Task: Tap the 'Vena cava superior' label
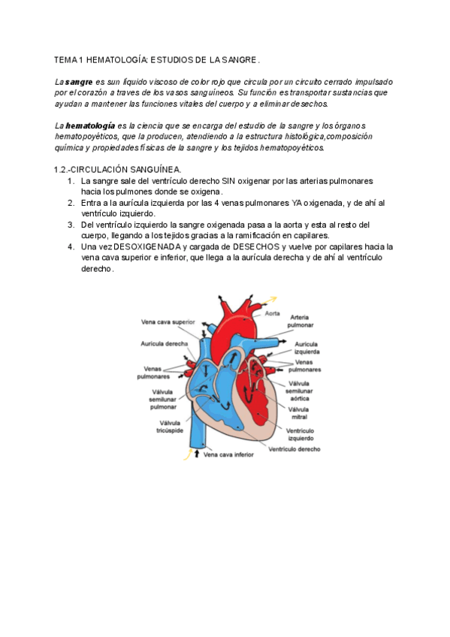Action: coord(168,322)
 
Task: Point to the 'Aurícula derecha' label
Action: coord(165,343)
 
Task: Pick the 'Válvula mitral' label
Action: coord(299,412)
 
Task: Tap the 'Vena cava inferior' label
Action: coord(228,454)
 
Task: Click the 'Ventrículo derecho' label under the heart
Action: coord(295,449)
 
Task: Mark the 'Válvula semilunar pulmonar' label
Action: coord(163,400)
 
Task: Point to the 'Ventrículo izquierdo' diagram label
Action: coord(299,434)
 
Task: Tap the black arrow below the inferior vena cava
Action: coord(198,454)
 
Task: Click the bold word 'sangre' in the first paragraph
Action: coord(78,81)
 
